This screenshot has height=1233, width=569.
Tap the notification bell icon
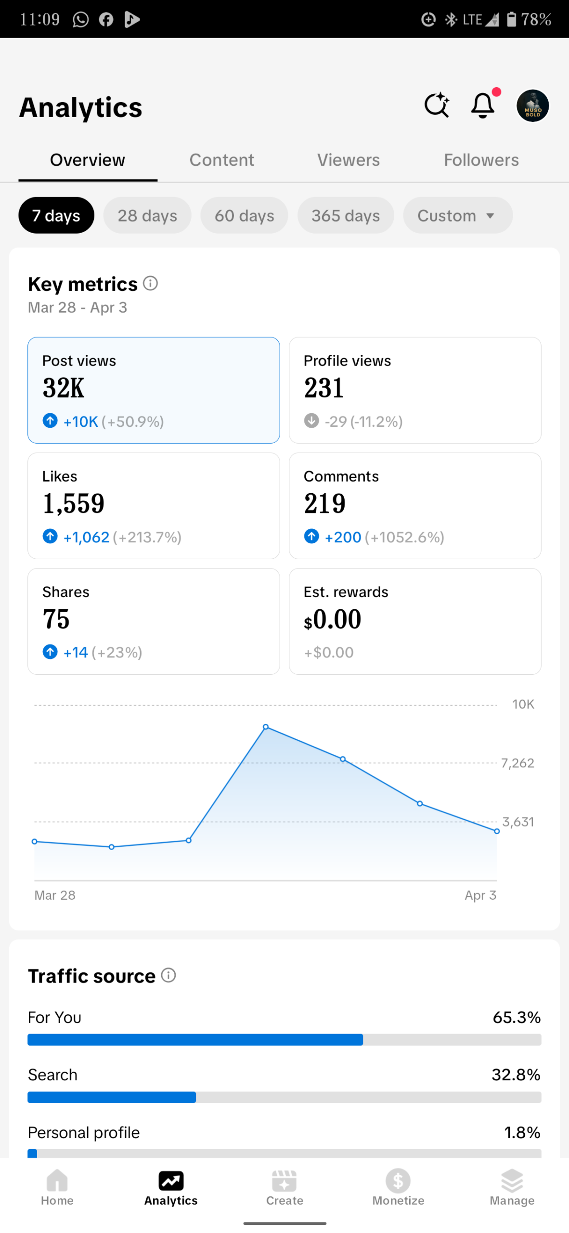click(x=482, y=105)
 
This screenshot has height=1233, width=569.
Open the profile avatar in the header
click(x=532, y=106)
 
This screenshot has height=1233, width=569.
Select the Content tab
click(x=221, y=160)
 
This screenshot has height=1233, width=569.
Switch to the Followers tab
click(x=481, y=160)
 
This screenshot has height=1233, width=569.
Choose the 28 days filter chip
click(x=147, y=215)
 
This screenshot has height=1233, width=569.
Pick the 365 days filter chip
click(x=345, y=215)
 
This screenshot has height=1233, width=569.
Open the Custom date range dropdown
click(x=457, y=215)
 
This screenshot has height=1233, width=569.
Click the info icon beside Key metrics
click(x=151, y=283)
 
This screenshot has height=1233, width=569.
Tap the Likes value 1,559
click(x=74, y=504)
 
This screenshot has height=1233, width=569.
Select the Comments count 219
click(x=324, y=504)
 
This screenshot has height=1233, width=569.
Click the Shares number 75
click(x=56, y=619)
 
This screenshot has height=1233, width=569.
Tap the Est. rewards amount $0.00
click(x=332, y=619)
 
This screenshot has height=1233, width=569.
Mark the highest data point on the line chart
click(x=266, y=727)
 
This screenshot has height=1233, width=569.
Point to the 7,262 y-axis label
click(x=517, y=763)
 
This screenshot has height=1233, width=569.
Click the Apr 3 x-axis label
click(x=480, y=895)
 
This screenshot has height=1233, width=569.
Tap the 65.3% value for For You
click(x=516, y=1017)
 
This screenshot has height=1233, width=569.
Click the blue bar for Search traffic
click(x=112, y=1097)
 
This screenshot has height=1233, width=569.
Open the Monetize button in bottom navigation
click(x=398, y=1187)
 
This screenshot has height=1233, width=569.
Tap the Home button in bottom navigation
click(x=57, y=1187)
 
